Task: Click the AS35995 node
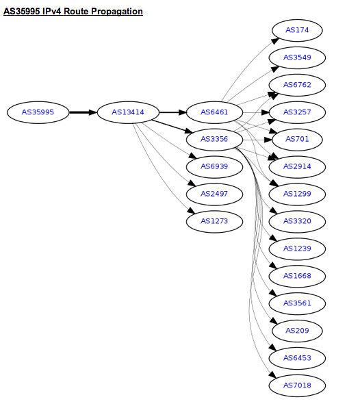pyautogui.click(x=38, y=112)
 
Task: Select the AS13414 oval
pyautogui.click(x=128, y=112)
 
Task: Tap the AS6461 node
pyautogui.click(x=214, y=112)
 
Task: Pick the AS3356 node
pyautogui.click(x=214, y=140)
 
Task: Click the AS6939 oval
pyautogui.click(x=214, y=167)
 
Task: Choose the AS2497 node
pyautogui.click(x=214, y=194)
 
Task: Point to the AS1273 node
pyautogui.click(x=214, y=222)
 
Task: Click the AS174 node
pyautogui.click(x=297, y=31)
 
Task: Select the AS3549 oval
pyautogui.click(x=297, y=58)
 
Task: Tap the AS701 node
pyautogui.click(x=297, y=140)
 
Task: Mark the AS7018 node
pyautogui.click(x=297, y=385)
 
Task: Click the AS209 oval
pyautogui.click(x=297, y=331)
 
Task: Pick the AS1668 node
pyautogui.click(x=297, y=277)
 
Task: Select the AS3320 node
pyautogui.click(x=297, y=222)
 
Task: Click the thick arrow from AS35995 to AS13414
pyautogui.click(x=83, y=112)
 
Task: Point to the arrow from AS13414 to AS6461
pyautogui.click(x=172, y=112)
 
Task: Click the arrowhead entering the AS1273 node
pyautogui.click(x=192, y=210)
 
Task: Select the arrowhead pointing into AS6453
pyautogui.click(x=272, y=347)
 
